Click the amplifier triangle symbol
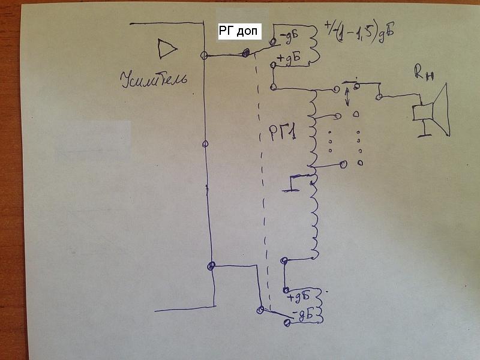pyautogui.click(x=166, y=49)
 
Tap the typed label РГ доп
pyautogui.click(x=239, y=32)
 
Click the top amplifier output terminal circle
pyautogui.click(x=205, y=55)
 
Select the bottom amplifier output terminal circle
pyautogui.click(x=210, y=265)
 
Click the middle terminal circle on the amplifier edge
pyautogui.click(x=205, y=143)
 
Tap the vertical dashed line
pyautogui.click(x=262, y=180)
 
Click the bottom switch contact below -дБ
pyautogui.click(x=287, y=323)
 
